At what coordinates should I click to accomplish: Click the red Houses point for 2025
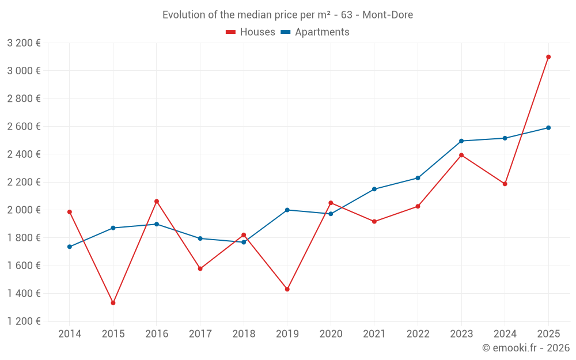pyautogui.click(x=548, y=57)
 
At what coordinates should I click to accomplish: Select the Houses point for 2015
pyautogui.click(x=113, y=303)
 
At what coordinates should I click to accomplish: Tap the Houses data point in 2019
pyautogui.click(x=287, y=289)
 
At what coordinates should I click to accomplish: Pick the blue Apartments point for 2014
pyautogui.click(x=70, y=247)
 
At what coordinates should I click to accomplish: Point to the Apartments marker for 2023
pyautogui.click(x=461, y=141)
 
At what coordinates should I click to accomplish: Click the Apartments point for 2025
pyautogui.click(x=548, y=128)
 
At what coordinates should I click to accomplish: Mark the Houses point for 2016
pyautogui.click(x=157, y=202)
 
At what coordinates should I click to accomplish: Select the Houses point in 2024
pyautogui.click(x=505, y=184)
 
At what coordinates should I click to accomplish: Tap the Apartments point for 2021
pyautogui.click(x=374, y=189)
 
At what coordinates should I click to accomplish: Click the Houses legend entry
pyautogui.click(x=251, y=32)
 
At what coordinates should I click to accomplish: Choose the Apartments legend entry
pyautogui.click(x=315, y=32)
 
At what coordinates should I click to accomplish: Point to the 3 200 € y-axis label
pyautogui.click(x=24, y=43)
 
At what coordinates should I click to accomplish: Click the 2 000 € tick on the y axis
pyautogui.click(x=24, y=210)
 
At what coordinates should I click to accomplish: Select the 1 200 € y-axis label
pyautogui.click(x=24, y=321)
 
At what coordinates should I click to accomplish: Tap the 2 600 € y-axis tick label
pyautogui.click(x=24, y=127)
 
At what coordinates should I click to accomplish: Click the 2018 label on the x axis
pyautogui.click(x=244, y=334)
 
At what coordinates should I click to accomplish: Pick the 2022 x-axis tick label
pyautogui.click(x=418, y=334)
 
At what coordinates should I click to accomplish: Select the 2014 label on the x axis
pyautogui.click(x=70, y=334)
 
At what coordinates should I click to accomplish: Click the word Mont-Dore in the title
pyautogui.click(x=388, y=15)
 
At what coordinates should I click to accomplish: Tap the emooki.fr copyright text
pyautogui.click(x=526, y=348)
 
